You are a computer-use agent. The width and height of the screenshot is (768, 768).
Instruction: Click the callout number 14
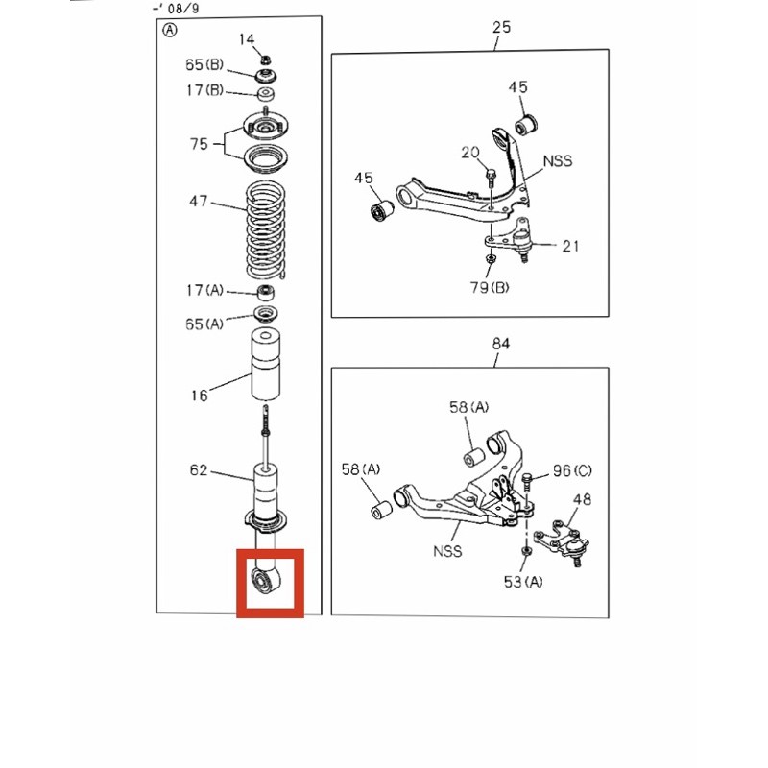pos(247,39)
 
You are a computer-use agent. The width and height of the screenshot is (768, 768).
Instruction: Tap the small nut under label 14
pos(265,60)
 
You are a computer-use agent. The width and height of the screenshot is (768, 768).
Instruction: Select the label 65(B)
pos(204,64)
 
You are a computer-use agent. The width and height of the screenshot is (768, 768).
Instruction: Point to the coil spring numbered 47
pos(266,230)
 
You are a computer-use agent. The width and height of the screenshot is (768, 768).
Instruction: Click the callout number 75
pos(199,144)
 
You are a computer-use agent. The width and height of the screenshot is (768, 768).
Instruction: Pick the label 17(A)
pos(204,291)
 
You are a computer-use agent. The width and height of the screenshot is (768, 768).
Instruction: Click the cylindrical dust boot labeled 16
pos(266,365)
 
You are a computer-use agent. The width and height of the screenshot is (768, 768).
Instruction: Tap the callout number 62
pos(199,470)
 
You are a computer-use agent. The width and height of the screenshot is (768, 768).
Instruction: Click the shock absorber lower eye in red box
pos(266,580)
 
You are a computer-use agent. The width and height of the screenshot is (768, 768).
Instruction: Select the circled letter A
pos(170,31)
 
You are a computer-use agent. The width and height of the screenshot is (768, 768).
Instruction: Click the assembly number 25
pos(501,27)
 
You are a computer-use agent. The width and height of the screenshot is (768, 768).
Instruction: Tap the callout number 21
pos(570,246)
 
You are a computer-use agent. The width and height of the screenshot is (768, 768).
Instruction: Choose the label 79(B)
pos(490,287)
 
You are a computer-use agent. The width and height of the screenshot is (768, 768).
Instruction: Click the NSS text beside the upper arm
pos(558,160)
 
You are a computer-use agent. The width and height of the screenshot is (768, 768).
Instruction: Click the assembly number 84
pos(500,344)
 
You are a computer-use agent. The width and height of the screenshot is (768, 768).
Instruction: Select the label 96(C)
pos(572,470)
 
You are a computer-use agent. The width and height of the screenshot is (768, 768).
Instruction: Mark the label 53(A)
pos(523,582)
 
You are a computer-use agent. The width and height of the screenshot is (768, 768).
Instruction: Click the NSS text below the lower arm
pos(447,551)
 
